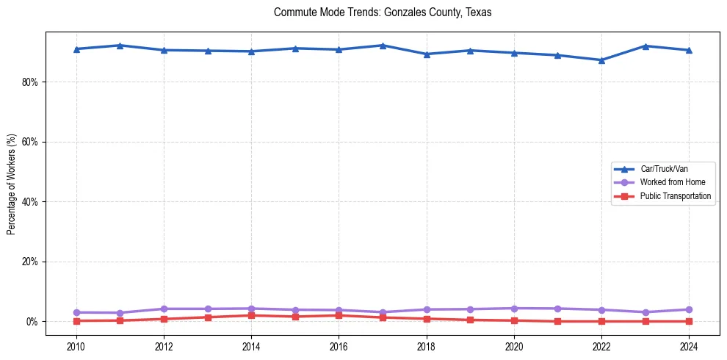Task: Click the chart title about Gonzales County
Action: click(x=382, y=12)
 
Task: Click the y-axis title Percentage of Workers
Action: click(x=11, y=184)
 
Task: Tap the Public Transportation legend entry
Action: click(x=675, y=196)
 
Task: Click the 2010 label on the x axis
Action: click(x=76, y=346)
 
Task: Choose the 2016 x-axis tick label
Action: click(x=339, y=346)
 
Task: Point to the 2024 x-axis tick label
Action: click(x=689, y=346)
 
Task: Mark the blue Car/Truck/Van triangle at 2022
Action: click(x=601, y=60)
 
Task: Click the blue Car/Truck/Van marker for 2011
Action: click(x=120, y=46)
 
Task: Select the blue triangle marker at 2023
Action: click(x=645, y=46)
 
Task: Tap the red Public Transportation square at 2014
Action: click(x=251, y=315)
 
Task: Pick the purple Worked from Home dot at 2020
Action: click(x=514, y=309)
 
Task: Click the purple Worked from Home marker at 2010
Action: click(x=76, y=312)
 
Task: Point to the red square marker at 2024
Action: click(x=689, y=321)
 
